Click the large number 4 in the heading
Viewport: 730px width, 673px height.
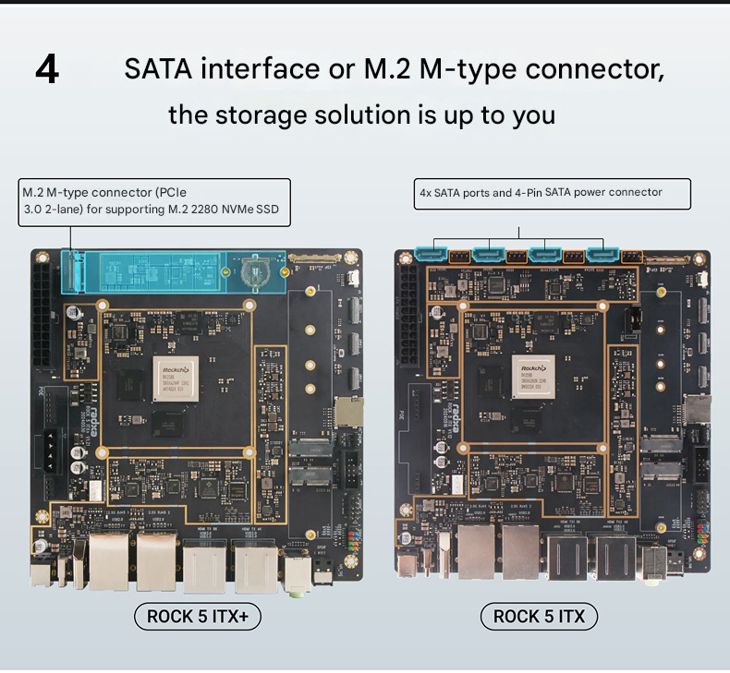tap(47, 70)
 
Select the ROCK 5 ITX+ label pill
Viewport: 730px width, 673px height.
tap(198, 616)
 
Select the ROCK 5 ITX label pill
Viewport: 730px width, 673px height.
tap(539, 616)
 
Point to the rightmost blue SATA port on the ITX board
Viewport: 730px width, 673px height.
tap(602, 252)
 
